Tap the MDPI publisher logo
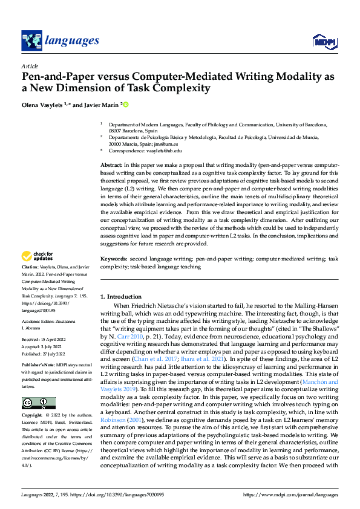[324, 41]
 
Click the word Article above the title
[30, 66]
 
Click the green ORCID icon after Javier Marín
[126, 104]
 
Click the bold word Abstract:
[111, 165]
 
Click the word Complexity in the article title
[180, 88]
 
